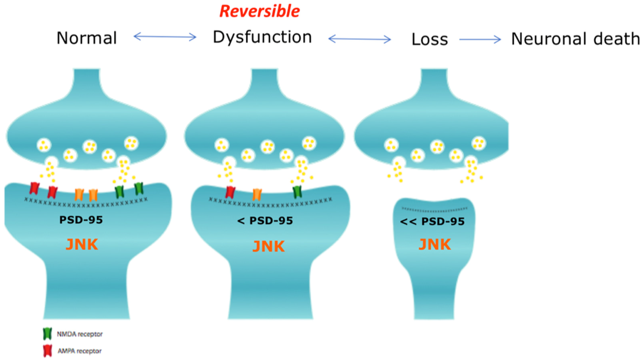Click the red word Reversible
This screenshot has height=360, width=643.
259,11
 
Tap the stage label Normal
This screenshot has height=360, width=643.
87,38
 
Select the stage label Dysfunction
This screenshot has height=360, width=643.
262,37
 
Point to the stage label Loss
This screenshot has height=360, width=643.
430,39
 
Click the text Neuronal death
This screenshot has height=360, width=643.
575,39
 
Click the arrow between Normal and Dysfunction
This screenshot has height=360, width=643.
165,37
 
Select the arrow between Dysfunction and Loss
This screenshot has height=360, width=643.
359,39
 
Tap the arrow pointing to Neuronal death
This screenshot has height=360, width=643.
480,39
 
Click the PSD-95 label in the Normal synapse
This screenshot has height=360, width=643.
81,220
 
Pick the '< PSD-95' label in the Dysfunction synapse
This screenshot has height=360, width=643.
265,221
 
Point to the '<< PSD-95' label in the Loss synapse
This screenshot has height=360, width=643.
432,222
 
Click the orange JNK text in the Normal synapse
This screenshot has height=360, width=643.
82,244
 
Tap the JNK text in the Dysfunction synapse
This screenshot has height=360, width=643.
269,246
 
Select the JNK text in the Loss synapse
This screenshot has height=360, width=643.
435,244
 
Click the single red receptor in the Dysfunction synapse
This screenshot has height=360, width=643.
230,192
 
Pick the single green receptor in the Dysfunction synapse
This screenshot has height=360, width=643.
298,192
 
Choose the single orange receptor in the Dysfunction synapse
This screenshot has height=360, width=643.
257,194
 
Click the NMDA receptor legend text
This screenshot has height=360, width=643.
80,334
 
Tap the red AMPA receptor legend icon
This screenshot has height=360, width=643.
47,351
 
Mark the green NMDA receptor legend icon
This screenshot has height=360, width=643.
47,334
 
